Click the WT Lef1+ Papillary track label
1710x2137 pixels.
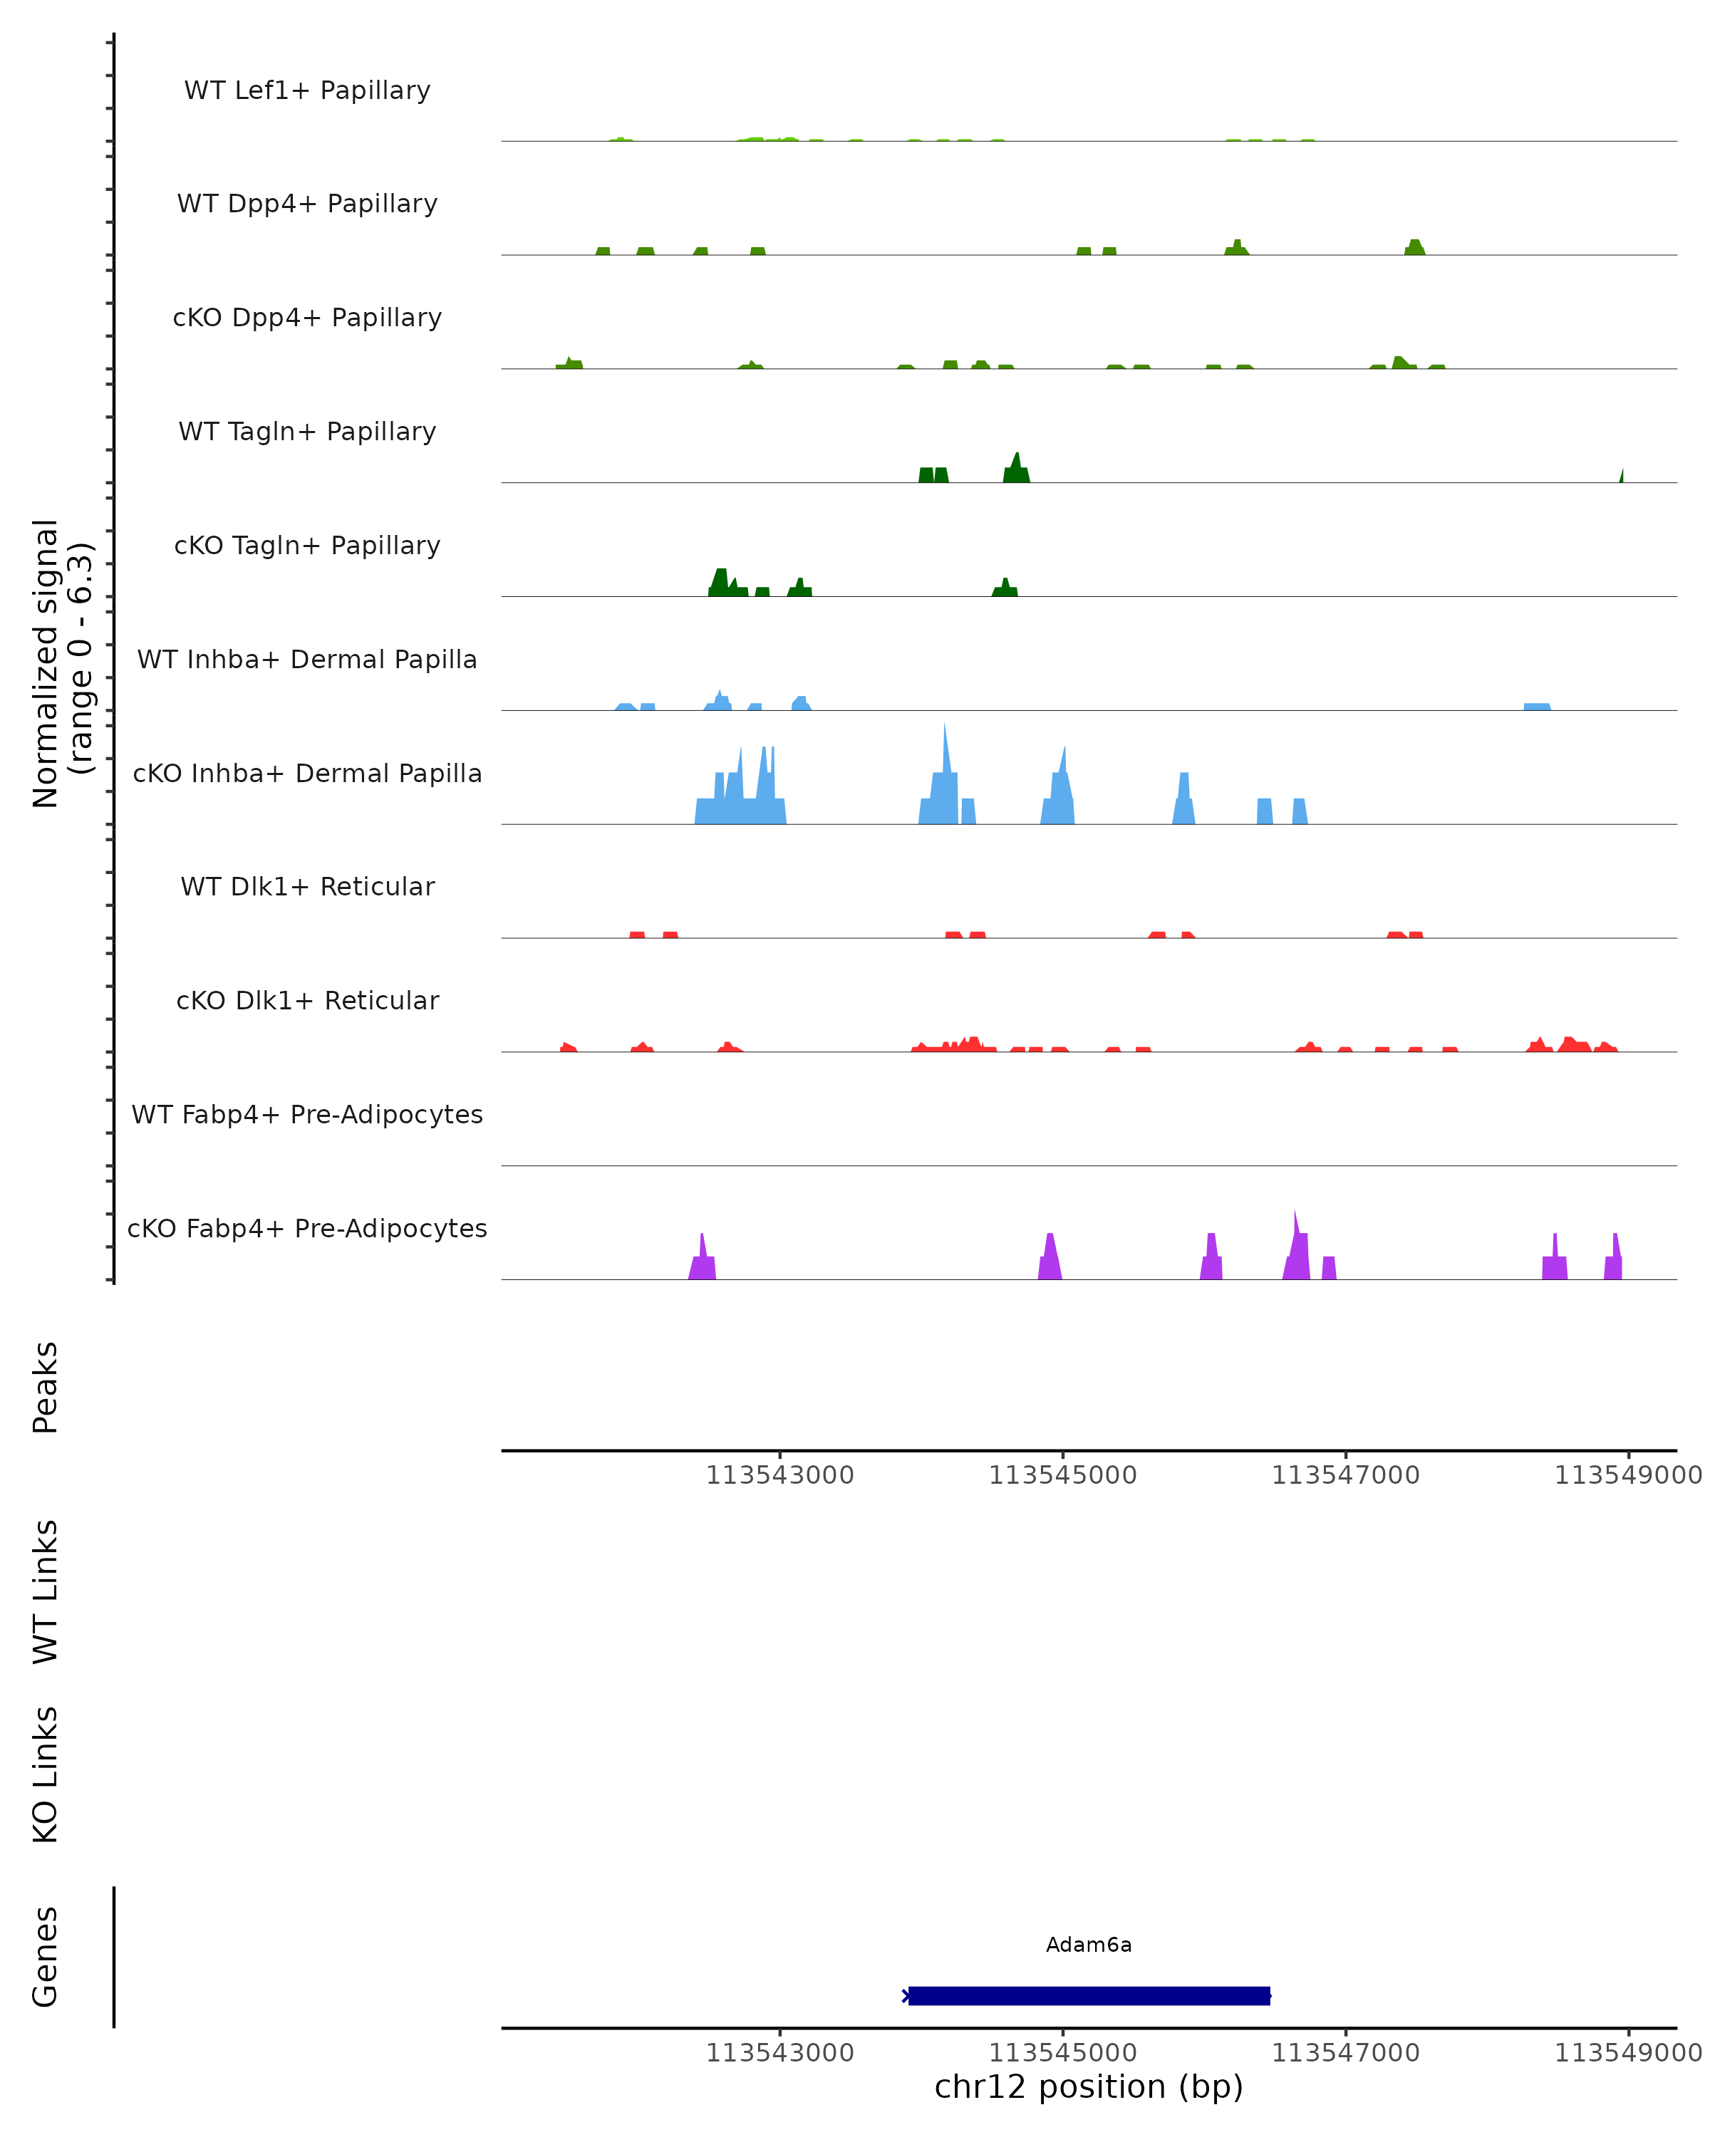pyautogui.click(x=307, y=90)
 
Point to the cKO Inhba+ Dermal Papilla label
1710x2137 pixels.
pyautogui.click(x=307, y=773)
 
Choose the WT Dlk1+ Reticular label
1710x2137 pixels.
pyautogui.click(x=307, y=886)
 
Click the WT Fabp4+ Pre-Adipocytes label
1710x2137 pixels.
pyautogui.click(x=307, y=1114)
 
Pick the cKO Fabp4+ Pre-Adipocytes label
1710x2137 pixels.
pyautogui.click(x=307, y=1228)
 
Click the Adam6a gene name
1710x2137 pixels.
pyautogui.click(x=1089, y=1945)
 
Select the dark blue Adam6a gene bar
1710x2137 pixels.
pyautogui.click(x=1089, y=1995)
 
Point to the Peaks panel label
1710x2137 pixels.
pyautogui.click(x=46, y=1387)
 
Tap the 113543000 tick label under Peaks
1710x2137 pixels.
pyautogui.click(x=779, y=1475)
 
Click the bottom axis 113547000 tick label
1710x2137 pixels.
pyautogui.click(x=1345, y=2053)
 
